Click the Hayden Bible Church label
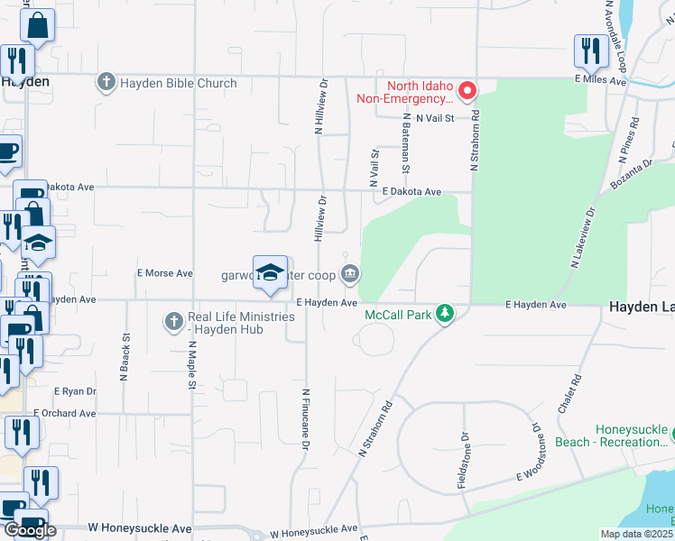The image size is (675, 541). [177, 84]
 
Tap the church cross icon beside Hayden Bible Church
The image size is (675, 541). [106, 84]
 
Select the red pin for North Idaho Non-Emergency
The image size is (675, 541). [467, 90]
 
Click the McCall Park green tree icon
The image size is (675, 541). [444, 314]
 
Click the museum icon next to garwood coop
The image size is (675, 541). [349, 274]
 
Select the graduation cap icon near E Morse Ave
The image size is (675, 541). [270, 273]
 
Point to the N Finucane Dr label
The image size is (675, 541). [306, 419]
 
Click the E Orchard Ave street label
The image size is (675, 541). [65, 414]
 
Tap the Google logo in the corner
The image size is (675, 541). [29, 530]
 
